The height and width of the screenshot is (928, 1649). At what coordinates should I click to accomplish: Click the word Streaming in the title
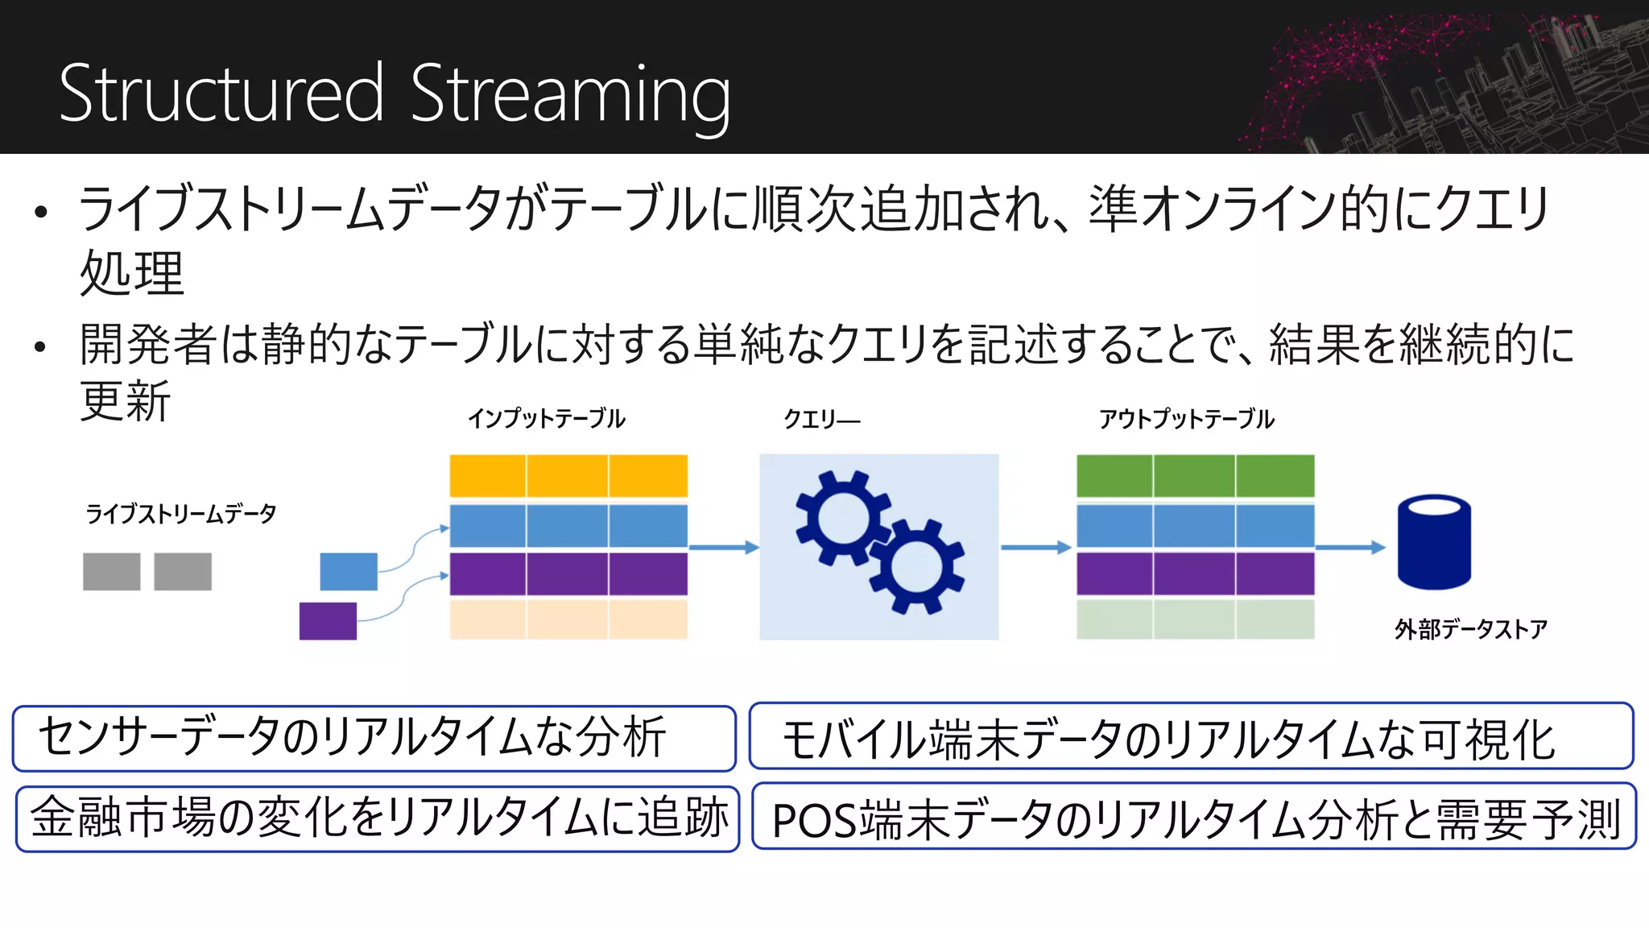[570, 95]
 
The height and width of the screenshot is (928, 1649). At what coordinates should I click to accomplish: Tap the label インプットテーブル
[546, 419]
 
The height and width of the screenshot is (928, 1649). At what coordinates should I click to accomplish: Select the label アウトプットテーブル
[1186, 419]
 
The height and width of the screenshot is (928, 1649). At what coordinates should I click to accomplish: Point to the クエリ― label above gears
[821, 419]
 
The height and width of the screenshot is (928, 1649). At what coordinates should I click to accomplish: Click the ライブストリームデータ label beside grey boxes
[180, 514]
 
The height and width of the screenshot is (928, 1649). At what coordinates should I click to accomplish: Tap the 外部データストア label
[1470, 629]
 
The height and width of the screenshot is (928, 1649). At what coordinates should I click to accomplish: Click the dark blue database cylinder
[1434, 542]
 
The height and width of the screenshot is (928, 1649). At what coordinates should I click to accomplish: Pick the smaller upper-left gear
[842, 517]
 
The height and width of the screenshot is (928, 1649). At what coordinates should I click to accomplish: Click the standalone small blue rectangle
[349, 572]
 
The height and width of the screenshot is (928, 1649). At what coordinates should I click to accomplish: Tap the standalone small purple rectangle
[328, 621]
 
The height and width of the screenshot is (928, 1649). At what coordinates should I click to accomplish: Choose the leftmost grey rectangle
[111, 572]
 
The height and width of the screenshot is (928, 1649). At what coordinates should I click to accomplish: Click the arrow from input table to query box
[723, 548]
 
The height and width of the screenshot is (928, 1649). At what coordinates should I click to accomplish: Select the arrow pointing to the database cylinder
[1350, 548]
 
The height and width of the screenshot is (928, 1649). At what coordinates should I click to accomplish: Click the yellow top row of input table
[568, 476]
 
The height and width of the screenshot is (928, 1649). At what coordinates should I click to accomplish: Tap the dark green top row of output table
[1195, 476]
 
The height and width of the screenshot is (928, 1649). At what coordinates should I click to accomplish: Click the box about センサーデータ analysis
[374, 738]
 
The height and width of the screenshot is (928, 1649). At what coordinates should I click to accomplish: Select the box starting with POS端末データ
[1194, 817]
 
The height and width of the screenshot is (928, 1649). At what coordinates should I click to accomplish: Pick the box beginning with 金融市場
[377, 818]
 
